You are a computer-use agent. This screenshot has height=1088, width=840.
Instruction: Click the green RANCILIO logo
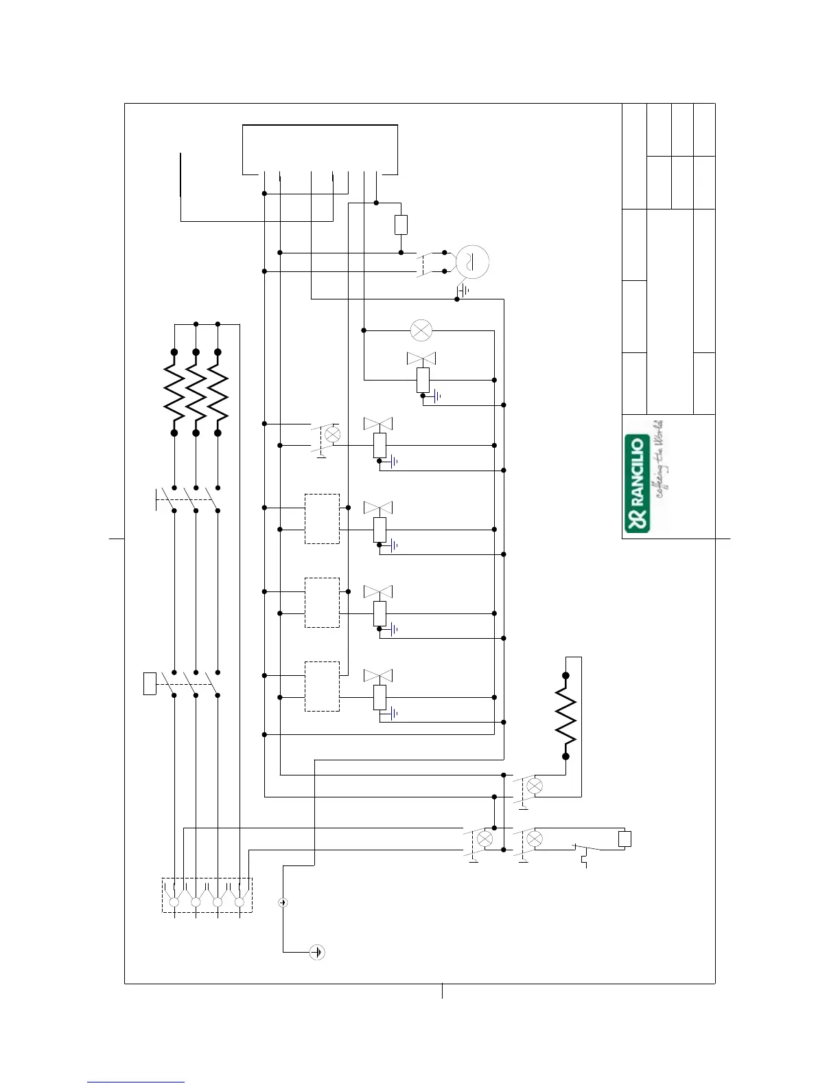click(x=638, y=484)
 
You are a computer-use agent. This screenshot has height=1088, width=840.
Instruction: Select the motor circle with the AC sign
click(x=472, y=262)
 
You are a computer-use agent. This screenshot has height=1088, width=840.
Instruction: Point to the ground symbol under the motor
click(x=463, y=291)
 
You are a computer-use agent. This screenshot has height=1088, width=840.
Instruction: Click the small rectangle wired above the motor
click(x=401, y=225)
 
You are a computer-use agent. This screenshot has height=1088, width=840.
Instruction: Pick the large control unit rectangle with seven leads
click(x=320, y=149)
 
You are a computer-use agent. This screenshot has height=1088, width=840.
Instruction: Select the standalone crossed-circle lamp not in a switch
click(x=420, y=330)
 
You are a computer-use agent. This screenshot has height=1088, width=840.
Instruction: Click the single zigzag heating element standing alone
click(x=566, y=716)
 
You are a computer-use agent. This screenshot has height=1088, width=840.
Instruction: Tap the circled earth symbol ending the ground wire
click(x=316, y=952)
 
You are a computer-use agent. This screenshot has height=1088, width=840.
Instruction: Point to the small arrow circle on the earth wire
click(x=283, y=902)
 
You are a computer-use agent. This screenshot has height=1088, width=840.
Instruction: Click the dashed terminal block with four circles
click(x=207, y=895)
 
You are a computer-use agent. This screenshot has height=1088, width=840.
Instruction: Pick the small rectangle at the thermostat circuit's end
click(x=625, y=839)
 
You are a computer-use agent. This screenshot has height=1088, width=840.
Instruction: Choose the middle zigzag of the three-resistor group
click(x=196, y=392)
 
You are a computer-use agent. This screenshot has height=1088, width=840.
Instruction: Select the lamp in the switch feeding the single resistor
click(x=534, y=786)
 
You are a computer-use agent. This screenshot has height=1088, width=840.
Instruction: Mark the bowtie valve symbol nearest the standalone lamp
click(x=422, y=359)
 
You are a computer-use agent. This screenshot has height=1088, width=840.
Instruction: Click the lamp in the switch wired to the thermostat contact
click(x=534, y=839)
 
